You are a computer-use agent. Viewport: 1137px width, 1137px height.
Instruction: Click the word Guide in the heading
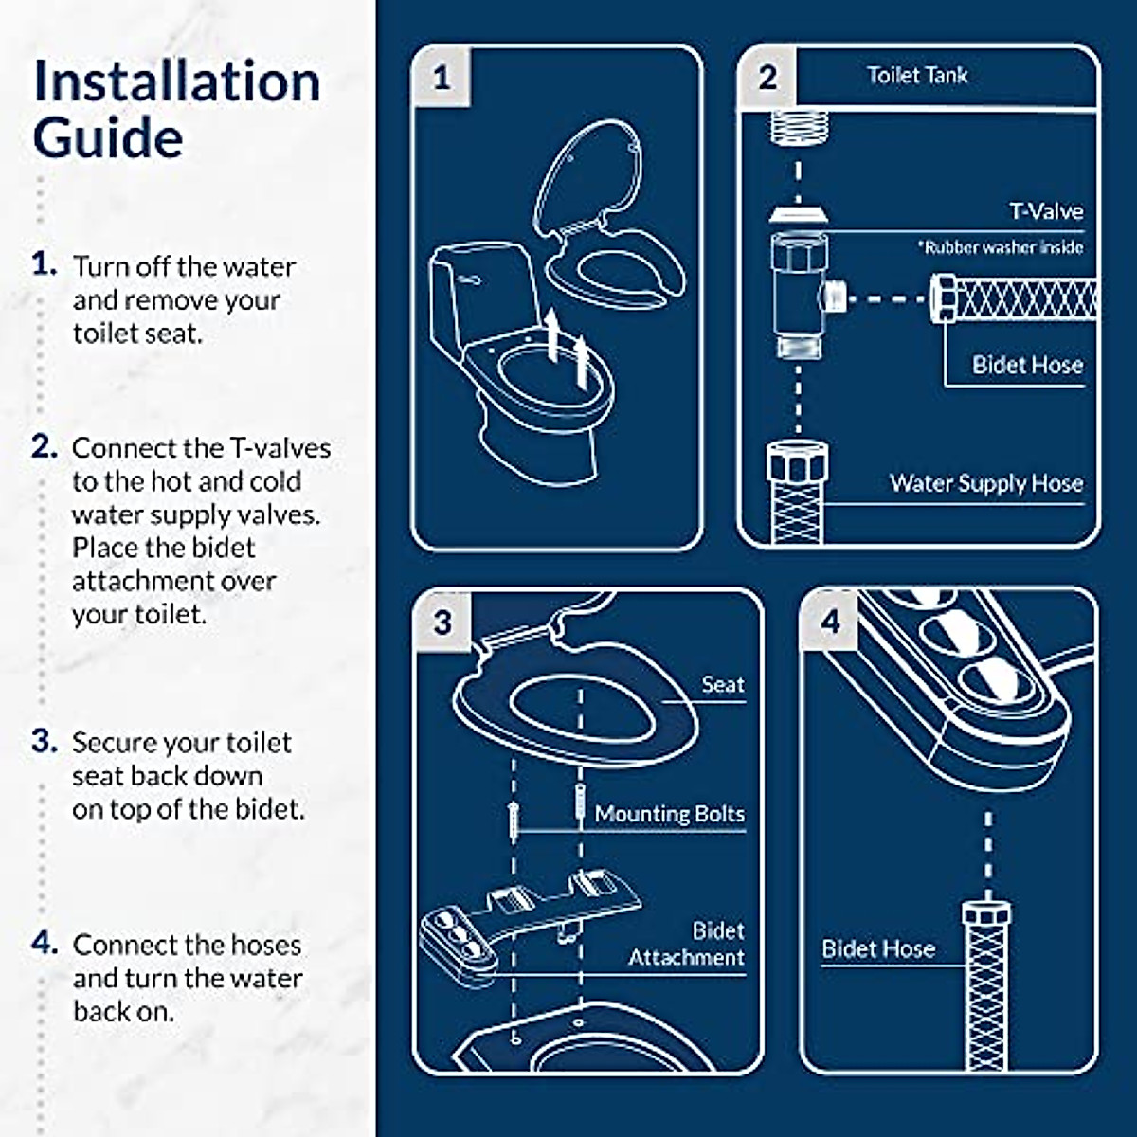tap(107, 138)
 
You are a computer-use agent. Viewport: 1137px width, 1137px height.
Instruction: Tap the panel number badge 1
tap(442, 78)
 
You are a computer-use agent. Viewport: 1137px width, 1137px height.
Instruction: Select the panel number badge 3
tap(442, 623)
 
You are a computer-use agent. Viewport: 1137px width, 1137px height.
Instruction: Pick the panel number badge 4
tap(831, 623)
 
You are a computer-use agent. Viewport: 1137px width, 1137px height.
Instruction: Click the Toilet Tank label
tap(917, 76)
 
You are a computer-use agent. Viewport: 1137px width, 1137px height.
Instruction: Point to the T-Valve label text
tap(1045, 211)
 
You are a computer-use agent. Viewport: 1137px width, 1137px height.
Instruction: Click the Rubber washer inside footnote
tap(1000, 247)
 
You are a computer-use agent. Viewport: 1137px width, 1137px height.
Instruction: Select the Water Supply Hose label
tap(985, 483)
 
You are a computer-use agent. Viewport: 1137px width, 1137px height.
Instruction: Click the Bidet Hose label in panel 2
tap(1027, 365)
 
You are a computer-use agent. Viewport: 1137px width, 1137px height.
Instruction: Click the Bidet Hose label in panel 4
tap(877, 948)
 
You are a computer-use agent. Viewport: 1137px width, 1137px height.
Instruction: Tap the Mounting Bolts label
tap(669, 814)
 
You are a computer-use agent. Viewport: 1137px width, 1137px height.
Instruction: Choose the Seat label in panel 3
tap(722, 684)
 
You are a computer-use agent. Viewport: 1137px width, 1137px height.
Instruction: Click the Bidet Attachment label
tap(688, 944)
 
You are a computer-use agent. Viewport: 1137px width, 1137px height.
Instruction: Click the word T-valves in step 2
tap(280, 447)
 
